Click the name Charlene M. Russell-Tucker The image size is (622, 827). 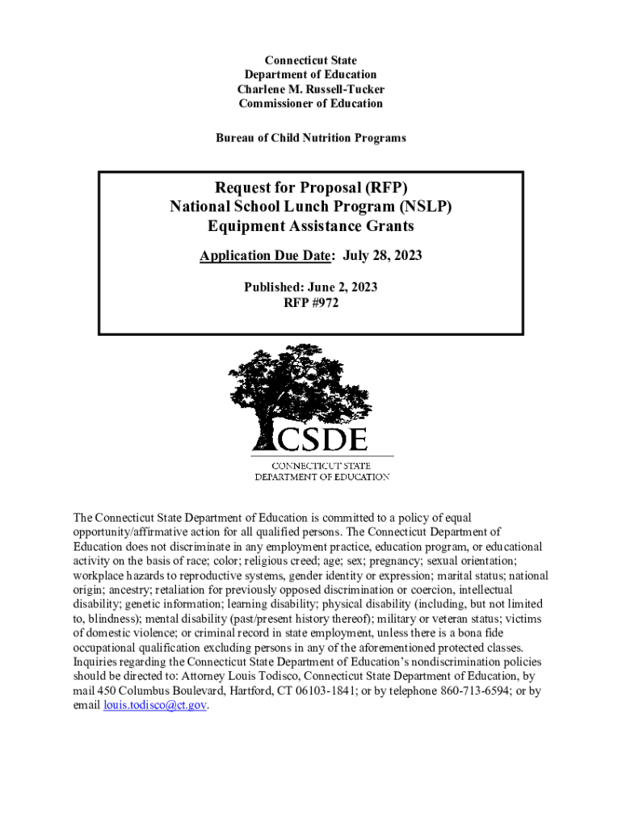click(x=310, y=89)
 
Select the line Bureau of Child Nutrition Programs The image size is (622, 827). click(x=310, y=138)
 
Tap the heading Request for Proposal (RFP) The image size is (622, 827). click(x=310, y=187)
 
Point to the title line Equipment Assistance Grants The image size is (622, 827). click(x=310, y=226)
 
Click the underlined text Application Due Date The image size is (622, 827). click(x=266, y=256)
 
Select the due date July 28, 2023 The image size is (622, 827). click(x=382, y=256)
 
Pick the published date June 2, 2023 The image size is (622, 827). click(x=338, y=287)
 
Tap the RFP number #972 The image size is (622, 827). click(x=323, y=303)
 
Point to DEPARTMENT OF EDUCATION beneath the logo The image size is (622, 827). click(x=322, y=476)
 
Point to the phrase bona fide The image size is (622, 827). click(x=469, y=633)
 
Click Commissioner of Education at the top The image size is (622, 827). click(x=310, y=103)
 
